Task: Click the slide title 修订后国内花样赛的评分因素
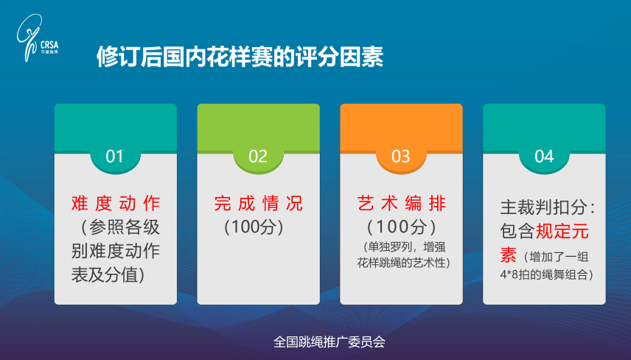point(240,58)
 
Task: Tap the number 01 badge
point(115,156)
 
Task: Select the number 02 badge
point(258,156)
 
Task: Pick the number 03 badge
point(400,156)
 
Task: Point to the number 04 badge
point(544,156)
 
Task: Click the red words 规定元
point(562,232)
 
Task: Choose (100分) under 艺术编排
point(401,225)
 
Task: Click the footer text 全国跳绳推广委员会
point(330,342)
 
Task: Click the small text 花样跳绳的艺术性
point(403,262)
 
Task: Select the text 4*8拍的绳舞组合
point(546,274)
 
